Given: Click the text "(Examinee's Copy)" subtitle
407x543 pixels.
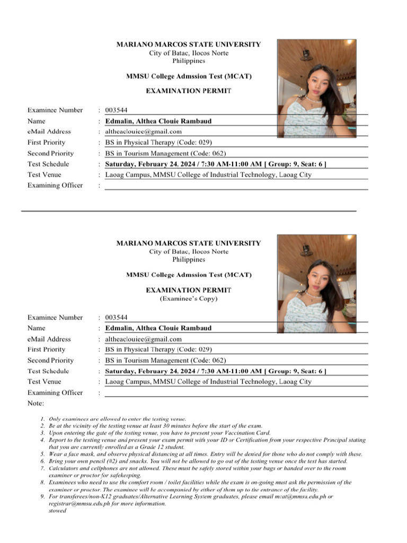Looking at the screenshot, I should (x=188, y=299).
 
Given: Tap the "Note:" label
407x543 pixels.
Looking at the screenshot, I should (x=36, y=404).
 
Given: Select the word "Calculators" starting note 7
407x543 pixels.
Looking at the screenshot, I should (x=65, y=469).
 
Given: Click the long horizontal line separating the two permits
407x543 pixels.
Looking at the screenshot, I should (x=188, y=211).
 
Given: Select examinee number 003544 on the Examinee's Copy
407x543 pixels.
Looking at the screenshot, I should (x=116, y=318).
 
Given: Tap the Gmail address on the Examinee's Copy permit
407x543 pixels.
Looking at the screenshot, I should (x=143, y=339).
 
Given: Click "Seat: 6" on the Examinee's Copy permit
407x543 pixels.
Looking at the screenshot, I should (x=309, y=371).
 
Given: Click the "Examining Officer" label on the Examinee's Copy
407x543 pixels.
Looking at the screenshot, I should (x=55, y=393).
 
